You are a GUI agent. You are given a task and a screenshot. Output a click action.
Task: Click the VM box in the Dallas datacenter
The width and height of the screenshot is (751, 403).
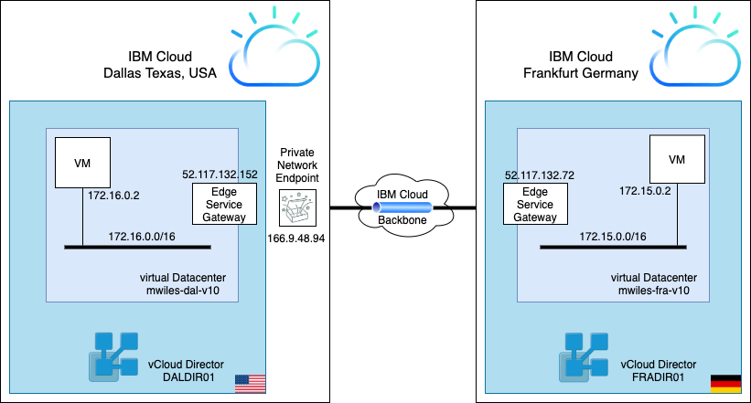tap(82, 165)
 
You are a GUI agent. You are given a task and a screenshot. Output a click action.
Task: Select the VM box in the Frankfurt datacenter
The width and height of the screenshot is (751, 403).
tap(677, 161)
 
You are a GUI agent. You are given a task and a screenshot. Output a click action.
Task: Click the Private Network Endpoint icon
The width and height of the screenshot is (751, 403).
tap(298, 209)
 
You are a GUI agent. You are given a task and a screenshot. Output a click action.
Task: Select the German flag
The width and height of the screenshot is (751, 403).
tap(724, 384)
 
